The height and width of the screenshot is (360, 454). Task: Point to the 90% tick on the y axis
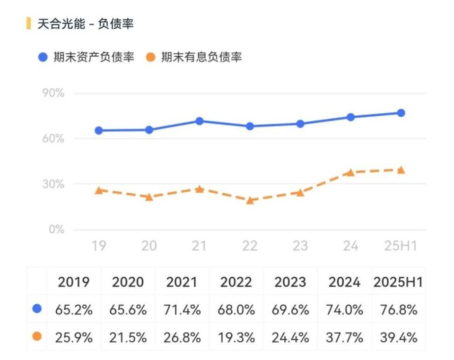click(x=53, y=93)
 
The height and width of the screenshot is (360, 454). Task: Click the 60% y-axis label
click(x=53, y=139)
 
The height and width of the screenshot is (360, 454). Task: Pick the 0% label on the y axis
click(x=56, y=230)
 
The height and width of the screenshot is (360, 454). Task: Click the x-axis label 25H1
click(x=401, y=246)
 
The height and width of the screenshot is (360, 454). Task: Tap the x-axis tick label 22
click(x=250, y=246)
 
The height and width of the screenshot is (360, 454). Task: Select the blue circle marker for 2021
click(x=200, y=121)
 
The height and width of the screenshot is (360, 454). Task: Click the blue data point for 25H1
click(x=401, y=113)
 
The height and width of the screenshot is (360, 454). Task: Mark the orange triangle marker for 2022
click(x=250, y=200)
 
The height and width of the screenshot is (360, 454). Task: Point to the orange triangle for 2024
click(x=350, y=172)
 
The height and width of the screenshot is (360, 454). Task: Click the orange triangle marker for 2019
click(x=99, y=190)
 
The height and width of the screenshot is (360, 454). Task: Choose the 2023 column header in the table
click(x=290, y=283)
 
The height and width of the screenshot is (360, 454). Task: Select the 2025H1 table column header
click(x=398, y=283)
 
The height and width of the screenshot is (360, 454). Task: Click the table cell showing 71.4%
click(x=182, y=310)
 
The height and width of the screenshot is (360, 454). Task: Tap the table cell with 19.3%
click(x=236, y=337)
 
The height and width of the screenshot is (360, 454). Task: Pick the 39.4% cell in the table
click(x=398, y=337)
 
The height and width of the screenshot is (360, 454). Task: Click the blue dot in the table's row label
click(x=37, y=309)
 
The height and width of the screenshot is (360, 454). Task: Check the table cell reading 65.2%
click(x=74, y=310)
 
